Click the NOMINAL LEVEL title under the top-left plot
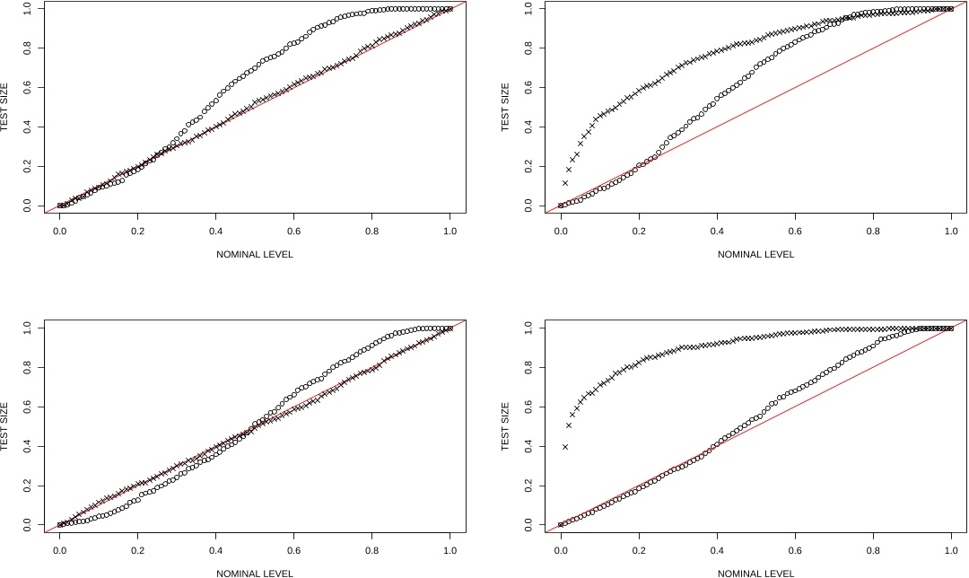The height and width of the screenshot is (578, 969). tap(254, 254)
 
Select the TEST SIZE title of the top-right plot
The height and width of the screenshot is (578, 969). tap(505, 108)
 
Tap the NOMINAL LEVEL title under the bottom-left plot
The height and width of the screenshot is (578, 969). tap(254, 573)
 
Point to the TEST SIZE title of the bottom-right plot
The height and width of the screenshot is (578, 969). tap(505, 426)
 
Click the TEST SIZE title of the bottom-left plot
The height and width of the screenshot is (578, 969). tap(4, 426)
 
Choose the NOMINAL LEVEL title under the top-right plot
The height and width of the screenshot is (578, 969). tap(755, 254)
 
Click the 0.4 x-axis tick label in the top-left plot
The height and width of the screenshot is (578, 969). tap(215, 231)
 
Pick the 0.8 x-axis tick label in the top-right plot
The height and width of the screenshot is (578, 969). tap(873, 231)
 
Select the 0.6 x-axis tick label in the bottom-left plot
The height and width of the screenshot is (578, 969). tap(293, 549)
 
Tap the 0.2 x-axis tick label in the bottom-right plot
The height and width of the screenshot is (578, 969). tap(639, 549)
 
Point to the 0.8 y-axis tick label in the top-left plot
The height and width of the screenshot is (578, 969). tap(28, 48)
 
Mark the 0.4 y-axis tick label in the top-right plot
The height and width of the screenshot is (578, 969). tap(529, 127)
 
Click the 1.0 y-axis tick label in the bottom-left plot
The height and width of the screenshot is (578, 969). tap(28, 328)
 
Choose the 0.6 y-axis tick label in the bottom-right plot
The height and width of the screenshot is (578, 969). tap(529, 407)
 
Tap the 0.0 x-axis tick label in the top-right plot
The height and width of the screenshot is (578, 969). tap(561, 231)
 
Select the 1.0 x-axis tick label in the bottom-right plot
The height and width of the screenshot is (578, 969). tap(951, 549)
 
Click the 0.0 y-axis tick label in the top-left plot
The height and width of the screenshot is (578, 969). tap(28, 206)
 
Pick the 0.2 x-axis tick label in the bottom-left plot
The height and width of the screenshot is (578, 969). tap(137, 549)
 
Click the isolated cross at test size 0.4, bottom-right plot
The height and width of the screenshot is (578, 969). tap(564, 446)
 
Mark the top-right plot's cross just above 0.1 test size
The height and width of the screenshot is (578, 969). tap(564, 183)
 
